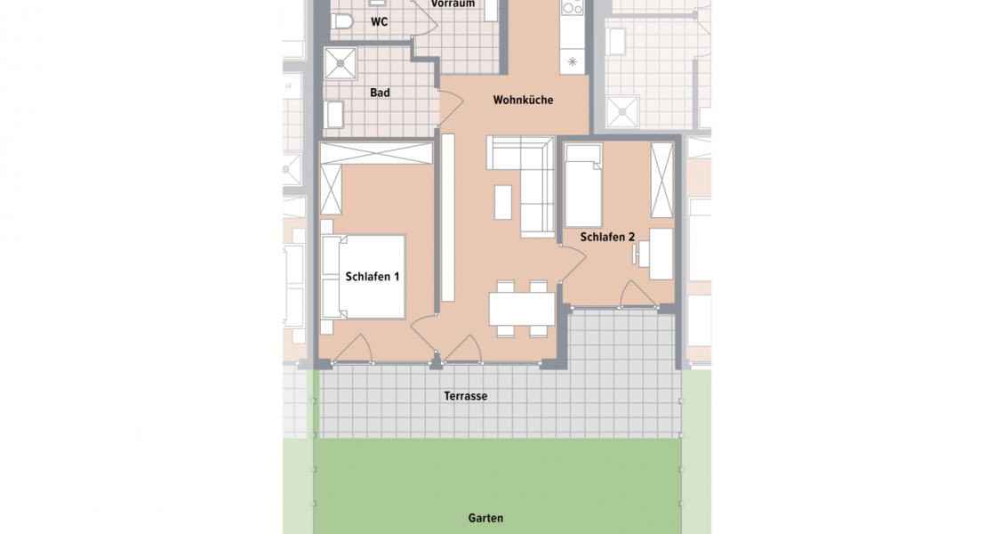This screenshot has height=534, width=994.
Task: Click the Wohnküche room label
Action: tap(523, 101)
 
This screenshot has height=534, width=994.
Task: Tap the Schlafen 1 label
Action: tap(373, 277)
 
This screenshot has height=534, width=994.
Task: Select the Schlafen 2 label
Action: tap(607, 238)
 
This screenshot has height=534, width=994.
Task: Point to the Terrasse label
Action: tap(465, 396)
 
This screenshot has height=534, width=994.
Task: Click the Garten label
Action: tap(485, 518)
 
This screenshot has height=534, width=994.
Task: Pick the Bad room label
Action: tap(380, 93)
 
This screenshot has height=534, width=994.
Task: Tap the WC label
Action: tap(379, 22)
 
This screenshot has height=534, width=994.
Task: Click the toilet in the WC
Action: tap(341, 22)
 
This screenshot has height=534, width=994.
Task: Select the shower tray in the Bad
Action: tap(341, 63)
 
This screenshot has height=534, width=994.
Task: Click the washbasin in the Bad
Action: tap(334, 115)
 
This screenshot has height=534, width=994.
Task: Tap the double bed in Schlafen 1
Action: tap(364, 277)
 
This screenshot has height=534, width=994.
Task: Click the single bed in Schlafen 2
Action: tap(583, 186)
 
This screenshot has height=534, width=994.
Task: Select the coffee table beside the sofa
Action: tap(502, 202)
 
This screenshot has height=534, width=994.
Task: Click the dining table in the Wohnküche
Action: tap(522, 309)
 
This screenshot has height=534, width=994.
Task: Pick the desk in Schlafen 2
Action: tap(661, 254)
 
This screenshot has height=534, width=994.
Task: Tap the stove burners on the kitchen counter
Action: tap(572, 7)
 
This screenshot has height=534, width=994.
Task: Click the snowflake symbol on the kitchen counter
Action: tap(572, 62)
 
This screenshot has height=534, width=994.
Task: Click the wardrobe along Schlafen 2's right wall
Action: tap(661, 180)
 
